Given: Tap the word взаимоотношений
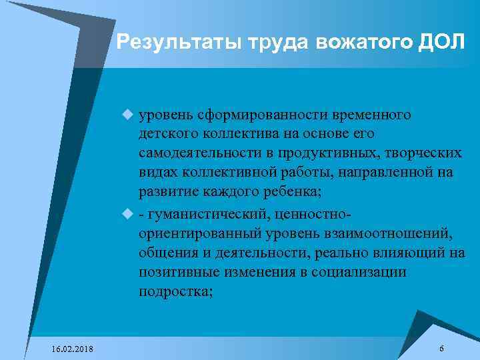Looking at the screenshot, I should (393, 234).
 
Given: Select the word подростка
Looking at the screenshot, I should (175, 292).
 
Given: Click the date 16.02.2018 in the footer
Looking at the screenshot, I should (73, 350).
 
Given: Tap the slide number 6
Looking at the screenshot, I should (442, 349).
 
